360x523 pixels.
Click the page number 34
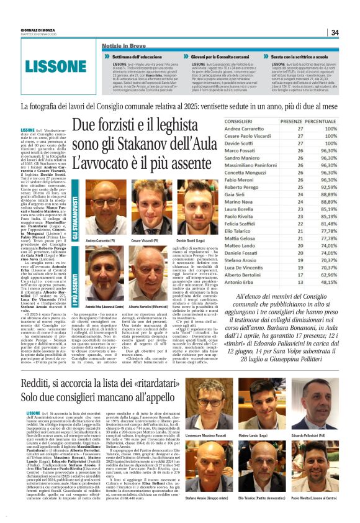tap(335, 32)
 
